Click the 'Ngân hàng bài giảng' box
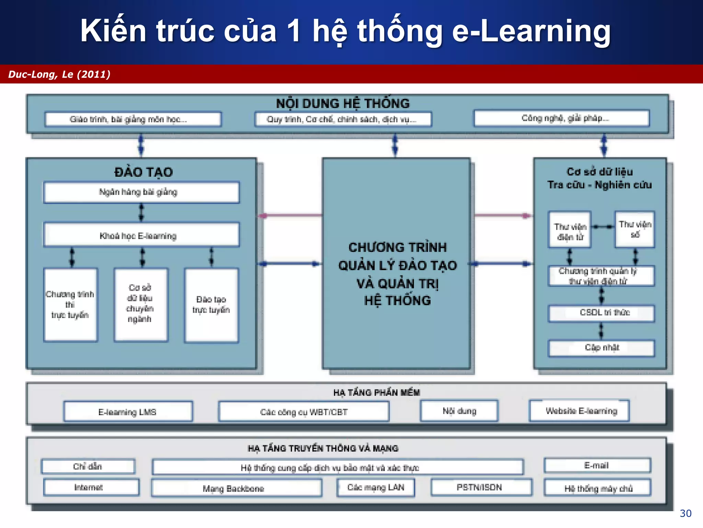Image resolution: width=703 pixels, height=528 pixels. click(141, 192)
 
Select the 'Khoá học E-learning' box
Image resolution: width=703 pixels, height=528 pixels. click(141, 235)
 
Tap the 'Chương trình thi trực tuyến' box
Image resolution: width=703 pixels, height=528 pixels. click(70, 305)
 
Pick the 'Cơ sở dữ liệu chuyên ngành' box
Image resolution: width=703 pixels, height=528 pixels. click(141, 305)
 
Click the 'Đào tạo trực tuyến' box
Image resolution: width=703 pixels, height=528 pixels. click(211, 305)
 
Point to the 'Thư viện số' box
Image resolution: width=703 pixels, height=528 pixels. click(635, 229)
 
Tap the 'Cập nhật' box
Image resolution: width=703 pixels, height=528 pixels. click(601, 348)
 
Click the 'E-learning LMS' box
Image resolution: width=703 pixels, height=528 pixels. click(128, 411)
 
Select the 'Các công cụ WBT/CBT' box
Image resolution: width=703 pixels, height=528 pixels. click(304, 411)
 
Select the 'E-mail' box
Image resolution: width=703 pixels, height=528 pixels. click(597, 466)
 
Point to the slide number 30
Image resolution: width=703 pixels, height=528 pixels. click(685, 513)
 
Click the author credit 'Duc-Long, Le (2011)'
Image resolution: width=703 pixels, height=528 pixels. click(59, 74)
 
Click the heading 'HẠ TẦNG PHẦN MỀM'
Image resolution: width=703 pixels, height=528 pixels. click(377, 393)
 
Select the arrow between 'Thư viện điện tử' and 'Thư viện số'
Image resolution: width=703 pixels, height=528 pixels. click(602, 227)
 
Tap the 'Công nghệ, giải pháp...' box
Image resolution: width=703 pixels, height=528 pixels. click(562, 119)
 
